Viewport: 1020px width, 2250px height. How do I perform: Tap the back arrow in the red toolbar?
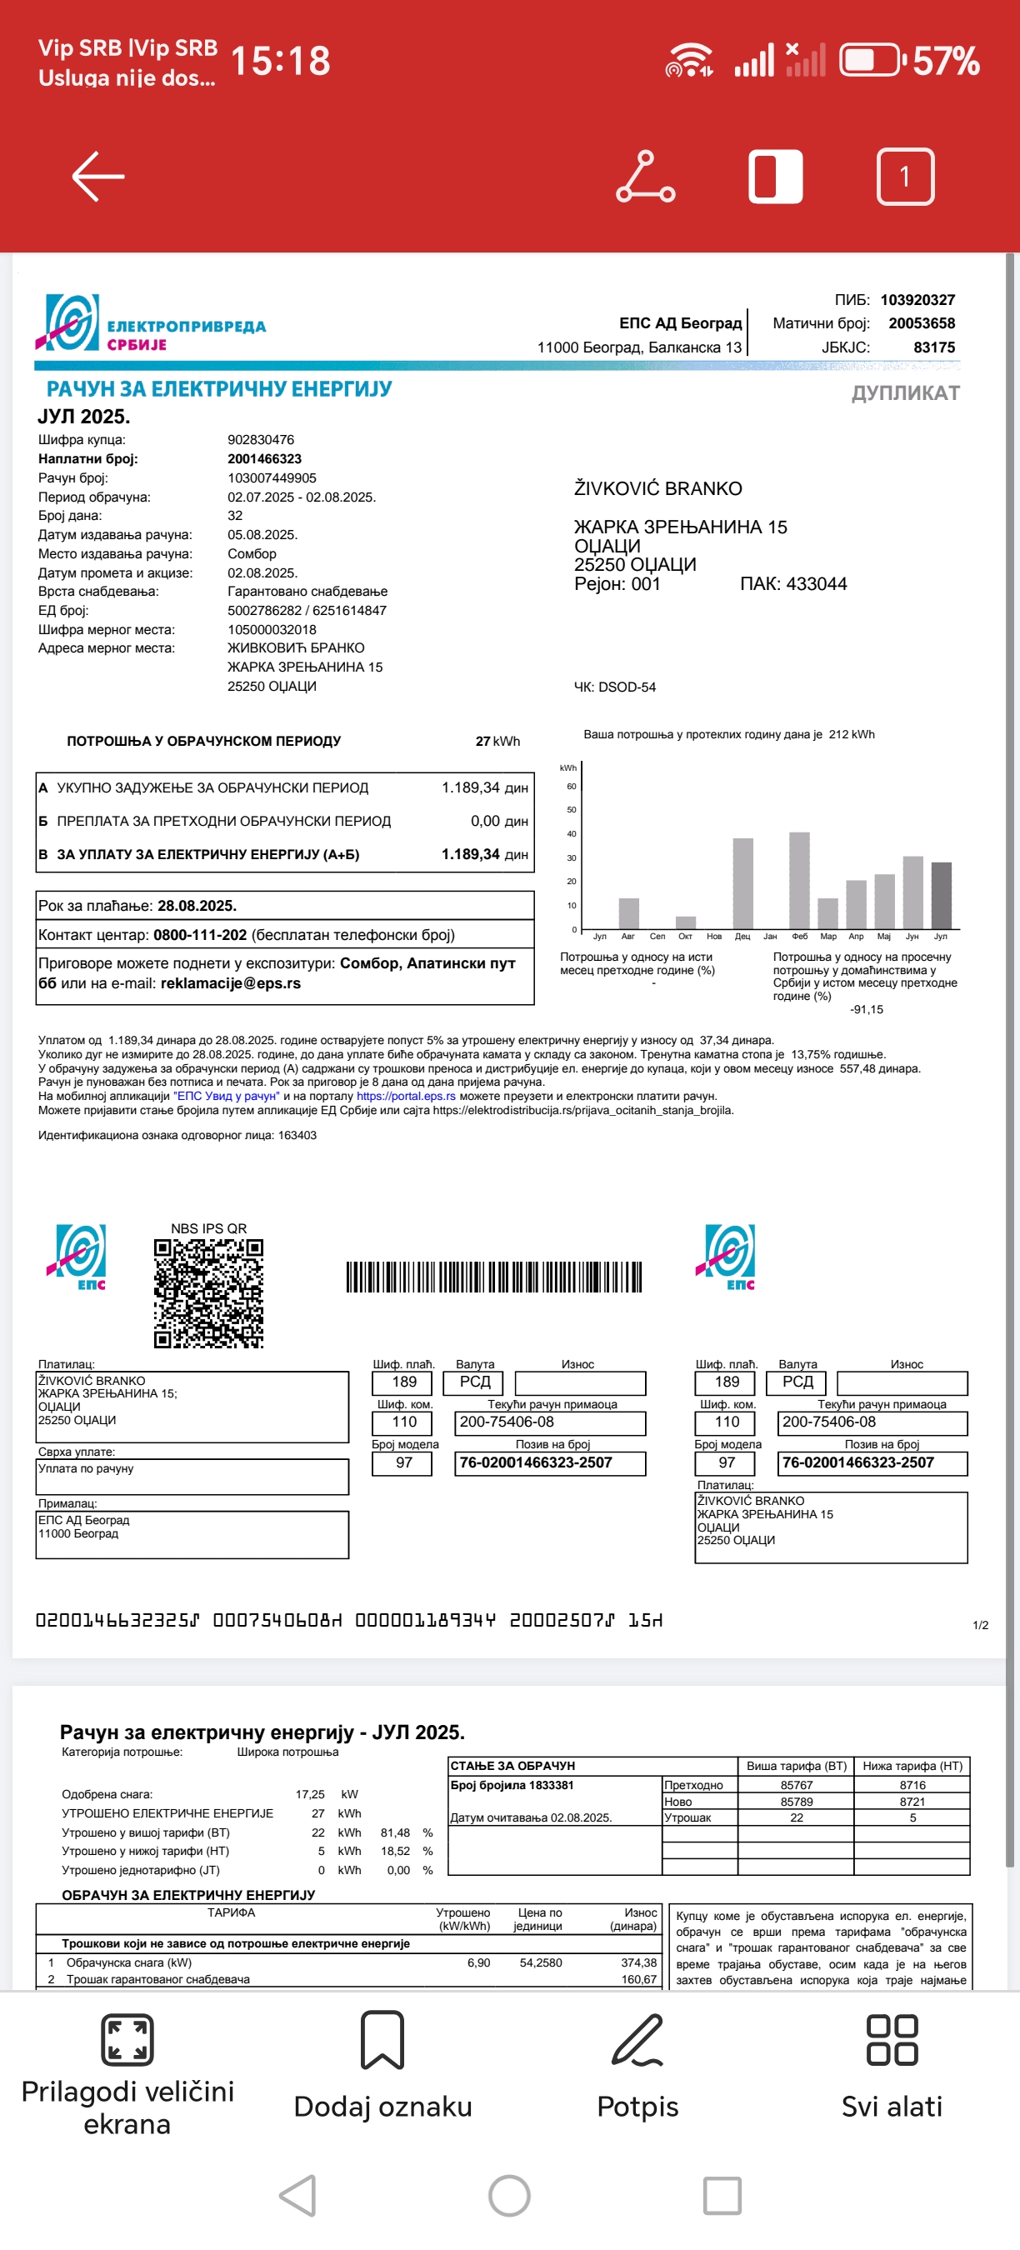click(x=97, y=177)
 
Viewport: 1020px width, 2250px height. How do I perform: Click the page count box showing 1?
click(x=905, y=177)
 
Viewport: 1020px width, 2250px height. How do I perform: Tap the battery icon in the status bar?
click(x=870, y=61)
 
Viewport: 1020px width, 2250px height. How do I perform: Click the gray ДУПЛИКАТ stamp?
click(x=905, y=393)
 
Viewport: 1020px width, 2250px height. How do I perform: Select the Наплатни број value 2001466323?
click(x=265, y=458)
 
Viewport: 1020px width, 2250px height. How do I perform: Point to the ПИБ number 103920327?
click(x=917, y=300)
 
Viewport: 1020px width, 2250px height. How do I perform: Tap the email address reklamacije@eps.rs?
click(x=231, y=983)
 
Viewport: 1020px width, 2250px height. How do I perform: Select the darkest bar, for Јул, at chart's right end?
click(x=942, y=895)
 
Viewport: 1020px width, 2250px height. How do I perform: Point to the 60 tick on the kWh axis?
click(x=571, y=786)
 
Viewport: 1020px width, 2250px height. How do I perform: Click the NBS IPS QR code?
click(x=208, y=1292)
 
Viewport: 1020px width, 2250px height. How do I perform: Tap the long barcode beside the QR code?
click(x=493, y=1277)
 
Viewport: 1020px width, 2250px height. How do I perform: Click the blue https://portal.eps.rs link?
click(x=406, y=1096)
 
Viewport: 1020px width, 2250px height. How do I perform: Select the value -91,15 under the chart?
click(x=867, y=1010)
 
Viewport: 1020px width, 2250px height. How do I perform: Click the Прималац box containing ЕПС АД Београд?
click(x=192, y=1535)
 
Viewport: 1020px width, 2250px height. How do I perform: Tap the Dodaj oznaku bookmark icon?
click(x=382, y=2040)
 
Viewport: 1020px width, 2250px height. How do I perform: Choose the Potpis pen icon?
click(x=637, y=2040)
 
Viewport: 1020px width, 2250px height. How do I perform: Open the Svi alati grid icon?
click(x=892, y=2040)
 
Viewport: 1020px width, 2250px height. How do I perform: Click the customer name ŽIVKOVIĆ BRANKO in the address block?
click(x=657, y=489)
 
